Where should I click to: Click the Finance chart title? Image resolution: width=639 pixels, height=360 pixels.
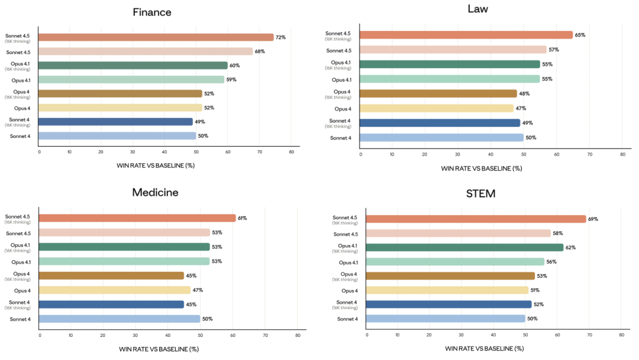point(152,12)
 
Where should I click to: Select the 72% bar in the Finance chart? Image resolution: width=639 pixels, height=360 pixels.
point(157,37)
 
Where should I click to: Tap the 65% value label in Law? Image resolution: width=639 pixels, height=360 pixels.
point(580,35)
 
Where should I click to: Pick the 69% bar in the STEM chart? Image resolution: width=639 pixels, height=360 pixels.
point(476,219)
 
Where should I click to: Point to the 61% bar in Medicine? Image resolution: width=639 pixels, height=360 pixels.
point(137,218)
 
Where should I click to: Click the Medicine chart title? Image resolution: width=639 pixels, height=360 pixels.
point(155,192)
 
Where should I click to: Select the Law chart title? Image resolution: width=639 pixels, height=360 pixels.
point(477,9)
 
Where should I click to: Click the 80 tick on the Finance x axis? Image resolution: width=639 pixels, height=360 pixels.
point(292,152)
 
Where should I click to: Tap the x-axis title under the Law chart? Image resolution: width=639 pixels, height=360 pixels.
point(482,169)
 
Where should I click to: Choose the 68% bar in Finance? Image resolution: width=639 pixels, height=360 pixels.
point(146,52)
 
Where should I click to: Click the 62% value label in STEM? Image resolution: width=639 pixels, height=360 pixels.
point(571,247)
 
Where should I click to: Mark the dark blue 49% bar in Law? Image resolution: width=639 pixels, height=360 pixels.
point(440,123)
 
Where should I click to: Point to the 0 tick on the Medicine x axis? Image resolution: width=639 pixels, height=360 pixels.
point(40,335)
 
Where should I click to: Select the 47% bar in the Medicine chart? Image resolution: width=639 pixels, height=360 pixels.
point(115,290)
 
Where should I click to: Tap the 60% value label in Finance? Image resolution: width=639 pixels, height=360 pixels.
point(234,66)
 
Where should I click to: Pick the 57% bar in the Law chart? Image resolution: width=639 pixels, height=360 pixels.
point(453,50)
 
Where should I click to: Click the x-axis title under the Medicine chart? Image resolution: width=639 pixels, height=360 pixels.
point(159,349)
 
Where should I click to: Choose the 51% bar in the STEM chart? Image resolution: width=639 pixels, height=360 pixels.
point(447,290)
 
